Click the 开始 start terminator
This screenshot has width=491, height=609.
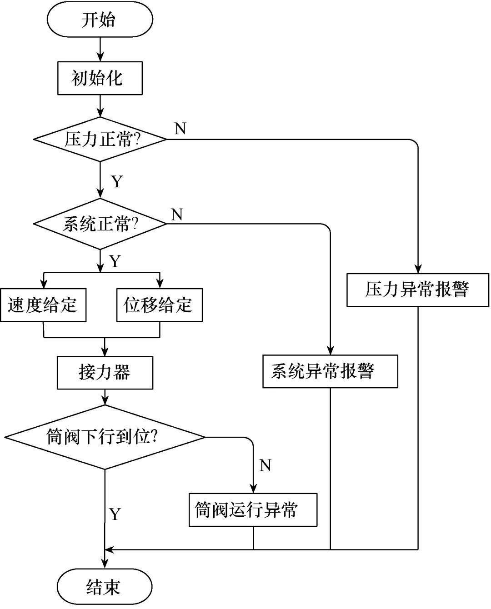click(100, 20)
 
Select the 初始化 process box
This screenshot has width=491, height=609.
click(100, 79)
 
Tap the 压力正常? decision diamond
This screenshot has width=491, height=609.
click(100, 140)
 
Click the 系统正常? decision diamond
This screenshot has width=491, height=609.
click(100, 224)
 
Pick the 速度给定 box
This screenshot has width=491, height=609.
click(43, 305)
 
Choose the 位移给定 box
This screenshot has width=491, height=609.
click(159, 305)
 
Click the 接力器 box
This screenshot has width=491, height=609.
click(105, 373)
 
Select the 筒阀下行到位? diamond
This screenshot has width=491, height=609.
click(105, 437)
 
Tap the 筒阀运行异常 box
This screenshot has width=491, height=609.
click(253, 510)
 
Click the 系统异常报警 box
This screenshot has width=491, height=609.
click(330, 371)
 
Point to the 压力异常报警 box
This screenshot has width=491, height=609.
click(417, 290)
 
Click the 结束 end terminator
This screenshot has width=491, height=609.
click(104, 587)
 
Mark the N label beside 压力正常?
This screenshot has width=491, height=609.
click(180, 129)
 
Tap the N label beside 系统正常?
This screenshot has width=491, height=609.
click(177, 214)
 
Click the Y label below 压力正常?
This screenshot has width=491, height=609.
click(117, 182)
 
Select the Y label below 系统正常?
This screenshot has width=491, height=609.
click(115, 261)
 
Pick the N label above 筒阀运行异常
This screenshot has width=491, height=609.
click(265, 465)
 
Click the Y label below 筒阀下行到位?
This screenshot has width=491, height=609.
click(115, 514)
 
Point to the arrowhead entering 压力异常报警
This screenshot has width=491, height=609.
click(417, 269)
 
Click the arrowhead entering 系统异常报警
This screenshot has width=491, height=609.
click(330, 351)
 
